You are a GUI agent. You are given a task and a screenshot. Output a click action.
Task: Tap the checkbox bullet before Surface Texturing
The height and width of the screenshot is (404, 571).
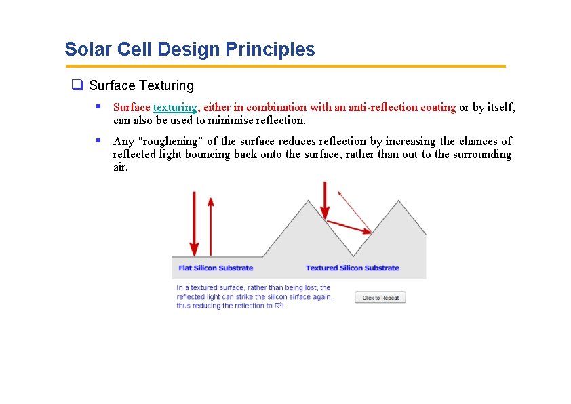click(x=77, y=85)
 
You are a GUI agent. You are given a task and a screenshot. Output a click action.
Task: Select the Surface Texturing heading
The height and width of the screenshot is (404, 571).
click(x=141, y=85)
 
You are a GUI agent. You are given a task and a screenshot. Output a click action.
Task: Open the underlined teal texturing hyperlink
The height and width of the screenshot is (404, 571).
click(x=175, y=107)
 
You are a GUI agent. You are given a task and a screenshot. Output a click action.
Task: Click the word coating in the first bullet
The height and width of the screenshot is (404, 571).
click(x=438, y=107)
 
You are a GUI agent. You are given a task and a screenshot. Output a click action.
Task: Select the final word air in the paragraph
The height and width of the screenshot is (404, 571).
click(x=120, y=167)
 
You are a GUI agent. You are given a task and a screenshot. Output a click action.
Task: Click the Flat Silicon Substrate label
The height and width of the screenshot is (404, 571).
click(x=216, y=268)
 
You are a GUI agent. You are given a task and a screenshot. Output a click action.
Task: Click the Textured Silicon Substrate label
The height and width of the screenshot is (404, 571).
click(x=352, y=268)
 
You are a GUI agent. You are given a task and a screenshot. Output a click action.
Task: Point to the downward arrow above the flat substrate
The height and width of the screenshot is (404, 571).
click(x=195, y=224)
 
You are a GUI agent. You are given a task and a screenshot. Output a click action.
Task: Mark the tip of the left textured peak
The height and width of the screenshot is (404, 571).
click(x=309, y=201)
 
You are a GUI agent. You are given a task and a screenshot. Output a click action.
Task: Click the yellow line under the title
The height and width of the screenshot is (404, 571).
click(x=285, y=66)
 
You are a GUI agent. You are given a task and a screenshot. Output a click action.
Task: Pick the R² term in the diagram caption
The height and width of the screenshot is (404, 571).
click(x=280, y=306)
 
